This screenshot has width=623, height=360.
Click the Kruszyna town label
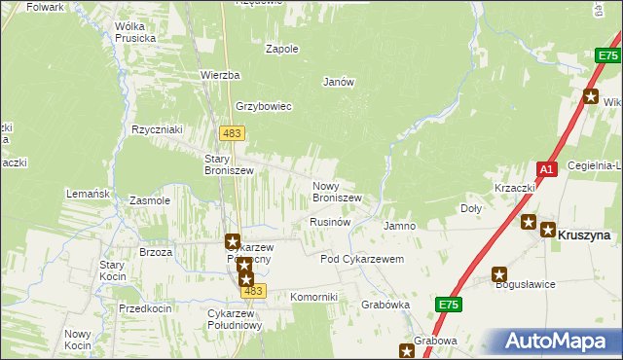[584, 234]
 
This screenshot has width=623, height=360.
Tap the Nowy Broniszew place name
[337, 192]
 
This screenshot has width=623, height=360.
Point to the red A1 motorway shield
[547, 169]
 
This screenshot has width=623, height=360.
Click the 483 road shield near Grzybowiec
[232, 132]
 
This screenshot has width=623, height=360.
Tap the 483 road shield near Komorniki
[253, 291]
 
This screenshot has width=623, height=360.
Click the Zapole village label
[282, 48]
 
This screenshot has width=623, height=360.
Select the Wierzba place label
[220, 75]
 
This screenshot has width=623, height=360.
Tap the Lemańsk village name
[87, 194]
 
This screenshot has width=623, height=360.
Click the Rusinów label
[329, 222]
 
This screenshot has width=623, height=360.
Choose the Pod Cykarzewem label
[362, 260]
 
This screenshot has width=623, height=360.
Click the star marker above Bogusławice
[499, 274]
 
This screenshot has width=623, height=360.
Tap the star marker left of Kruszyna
[529, 222]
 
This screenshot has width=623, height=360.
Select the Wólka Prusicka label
[135, 32]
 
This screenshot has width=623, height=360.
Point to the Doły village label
[470, 208]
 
